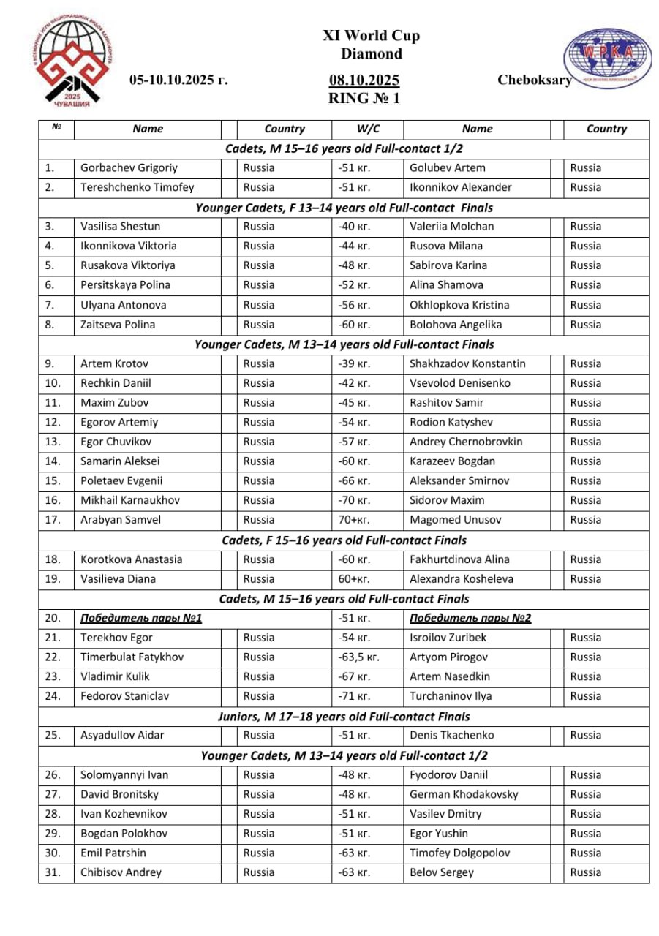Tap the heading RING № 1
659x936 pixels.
coord(364,98)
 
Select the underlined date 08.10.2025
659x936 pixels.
coord(364,80)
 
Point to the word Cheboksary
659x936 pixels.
coord(534,80)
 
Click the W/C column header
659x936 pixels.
coord(368,129)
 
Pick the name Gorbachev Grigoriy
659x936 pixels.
coord(129,168)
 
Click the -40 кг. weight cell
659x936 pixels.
coord(355,227)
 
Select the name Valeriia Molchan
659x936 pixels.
coord(451,227)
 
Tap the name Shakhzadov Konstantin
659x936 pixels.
coord(467,363)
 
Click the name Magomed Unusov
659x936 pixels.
coord(455,520)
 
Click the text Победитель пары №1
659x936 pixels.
coord(141,619)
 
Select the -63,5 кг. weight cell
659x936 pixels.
coord(358,657)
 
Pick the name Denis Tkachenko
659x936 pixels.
coord(451,736)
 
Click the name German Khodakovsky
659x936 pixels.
coord(464,794)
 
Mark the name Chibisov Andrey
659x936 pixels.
coord(121,872)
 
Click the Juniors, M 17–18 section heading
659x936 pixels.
coord(344,717)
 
